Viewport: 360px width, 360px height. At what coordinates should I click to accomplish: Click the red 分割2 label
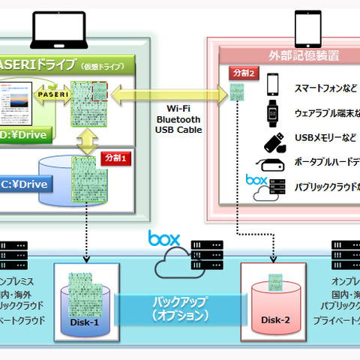coord(245,75)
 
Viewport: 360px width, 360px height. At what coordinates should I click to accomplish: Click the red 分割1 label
coord(115,158)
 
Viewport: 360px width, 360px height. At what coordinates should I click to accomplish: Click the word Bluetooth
coord(177,119)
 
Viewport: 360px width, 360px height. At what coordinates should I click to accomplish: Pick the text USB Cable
coord(177,130)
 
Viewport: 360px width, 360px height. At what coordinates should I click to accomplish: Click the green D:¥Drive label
coord(26,136)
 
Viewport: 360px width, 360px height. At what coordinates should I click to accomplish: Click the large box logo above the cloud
coord(164,239)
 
